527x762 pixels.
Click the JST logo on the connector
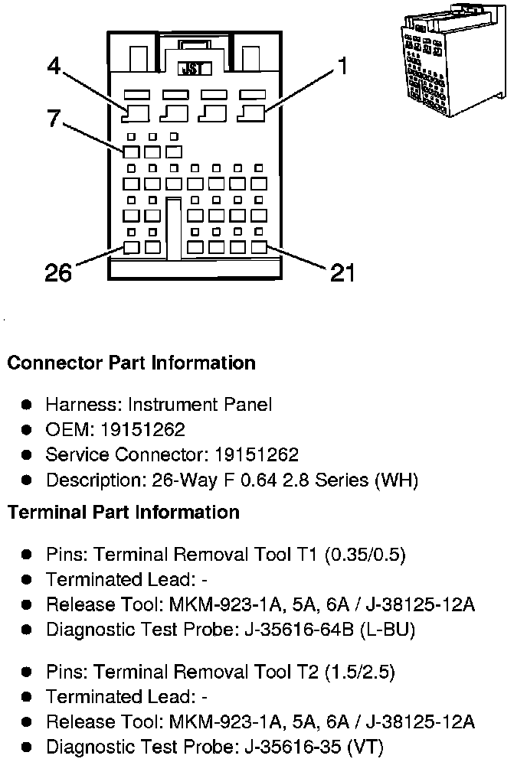[195, 69]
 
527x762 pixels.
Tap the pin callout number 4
[54, 66]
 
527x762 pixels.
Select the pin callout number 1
[343, 66]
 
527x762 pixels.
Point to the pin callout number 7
[54, 118]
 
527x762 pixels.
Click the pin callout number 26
[58, 272]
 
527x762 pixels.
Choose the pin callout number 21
[342, 272]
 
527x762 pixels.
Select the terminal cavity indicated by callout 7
[131, 152]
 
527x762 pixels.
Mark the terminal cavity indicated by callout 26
[131, 247]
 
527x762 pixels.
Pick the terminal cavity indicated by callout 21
[260, 247]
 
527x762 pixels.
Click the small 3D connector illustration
[453, 59]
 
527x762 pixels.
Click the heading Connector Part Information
[132, 363]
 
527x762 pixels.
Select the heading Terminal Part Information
[123, 513]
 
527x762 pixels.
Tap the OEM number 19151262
[142, 430]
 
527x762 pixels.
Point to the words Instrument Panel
[199, 404]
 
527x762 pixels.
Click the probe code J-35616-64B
[300, 630]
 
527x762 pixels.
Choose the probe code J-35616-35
[293, 747]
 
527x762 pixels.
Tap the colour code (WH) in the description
[397, 480]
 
